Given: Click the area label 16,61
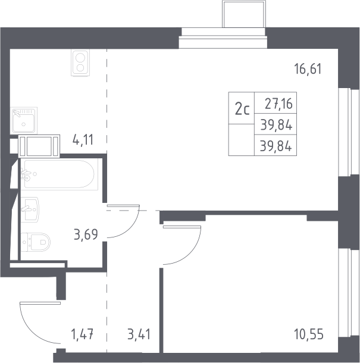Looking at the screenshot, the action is [x=308, y=69].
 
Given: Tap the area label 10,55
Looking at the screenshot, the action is [x=309, y=334].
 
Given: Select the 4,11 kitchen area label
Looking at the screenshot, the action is [x=83, y=140].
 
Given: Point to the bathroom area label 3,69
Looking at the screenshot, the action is [x=86, y=234].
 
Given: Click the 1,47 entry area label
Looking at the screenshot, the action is [x=83, y=334].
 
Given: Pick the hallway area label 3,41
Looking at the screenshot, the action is [x=139, y=334].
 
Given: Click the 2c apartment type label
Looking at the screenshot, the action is [x=242, y=109].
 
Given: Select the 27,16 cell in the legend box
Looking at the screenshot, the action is [x=278, y=104].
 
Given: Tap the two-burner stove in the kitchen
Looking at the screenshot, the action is [x=80, y=63].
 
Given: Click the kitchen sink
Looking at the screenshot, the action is [x=24, y=120].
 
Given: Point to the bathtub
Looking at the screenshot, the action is [x=60, y=174].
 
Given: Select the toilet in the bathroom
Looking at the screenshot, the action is [x=36, y=242].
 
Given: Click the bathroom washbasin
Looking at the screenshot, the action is [x=30, y=209].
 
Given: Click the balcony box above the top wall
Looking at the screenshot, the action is [x=244, y=14].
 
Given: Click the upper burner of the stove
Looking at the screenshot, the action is [x=80, y=58].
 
